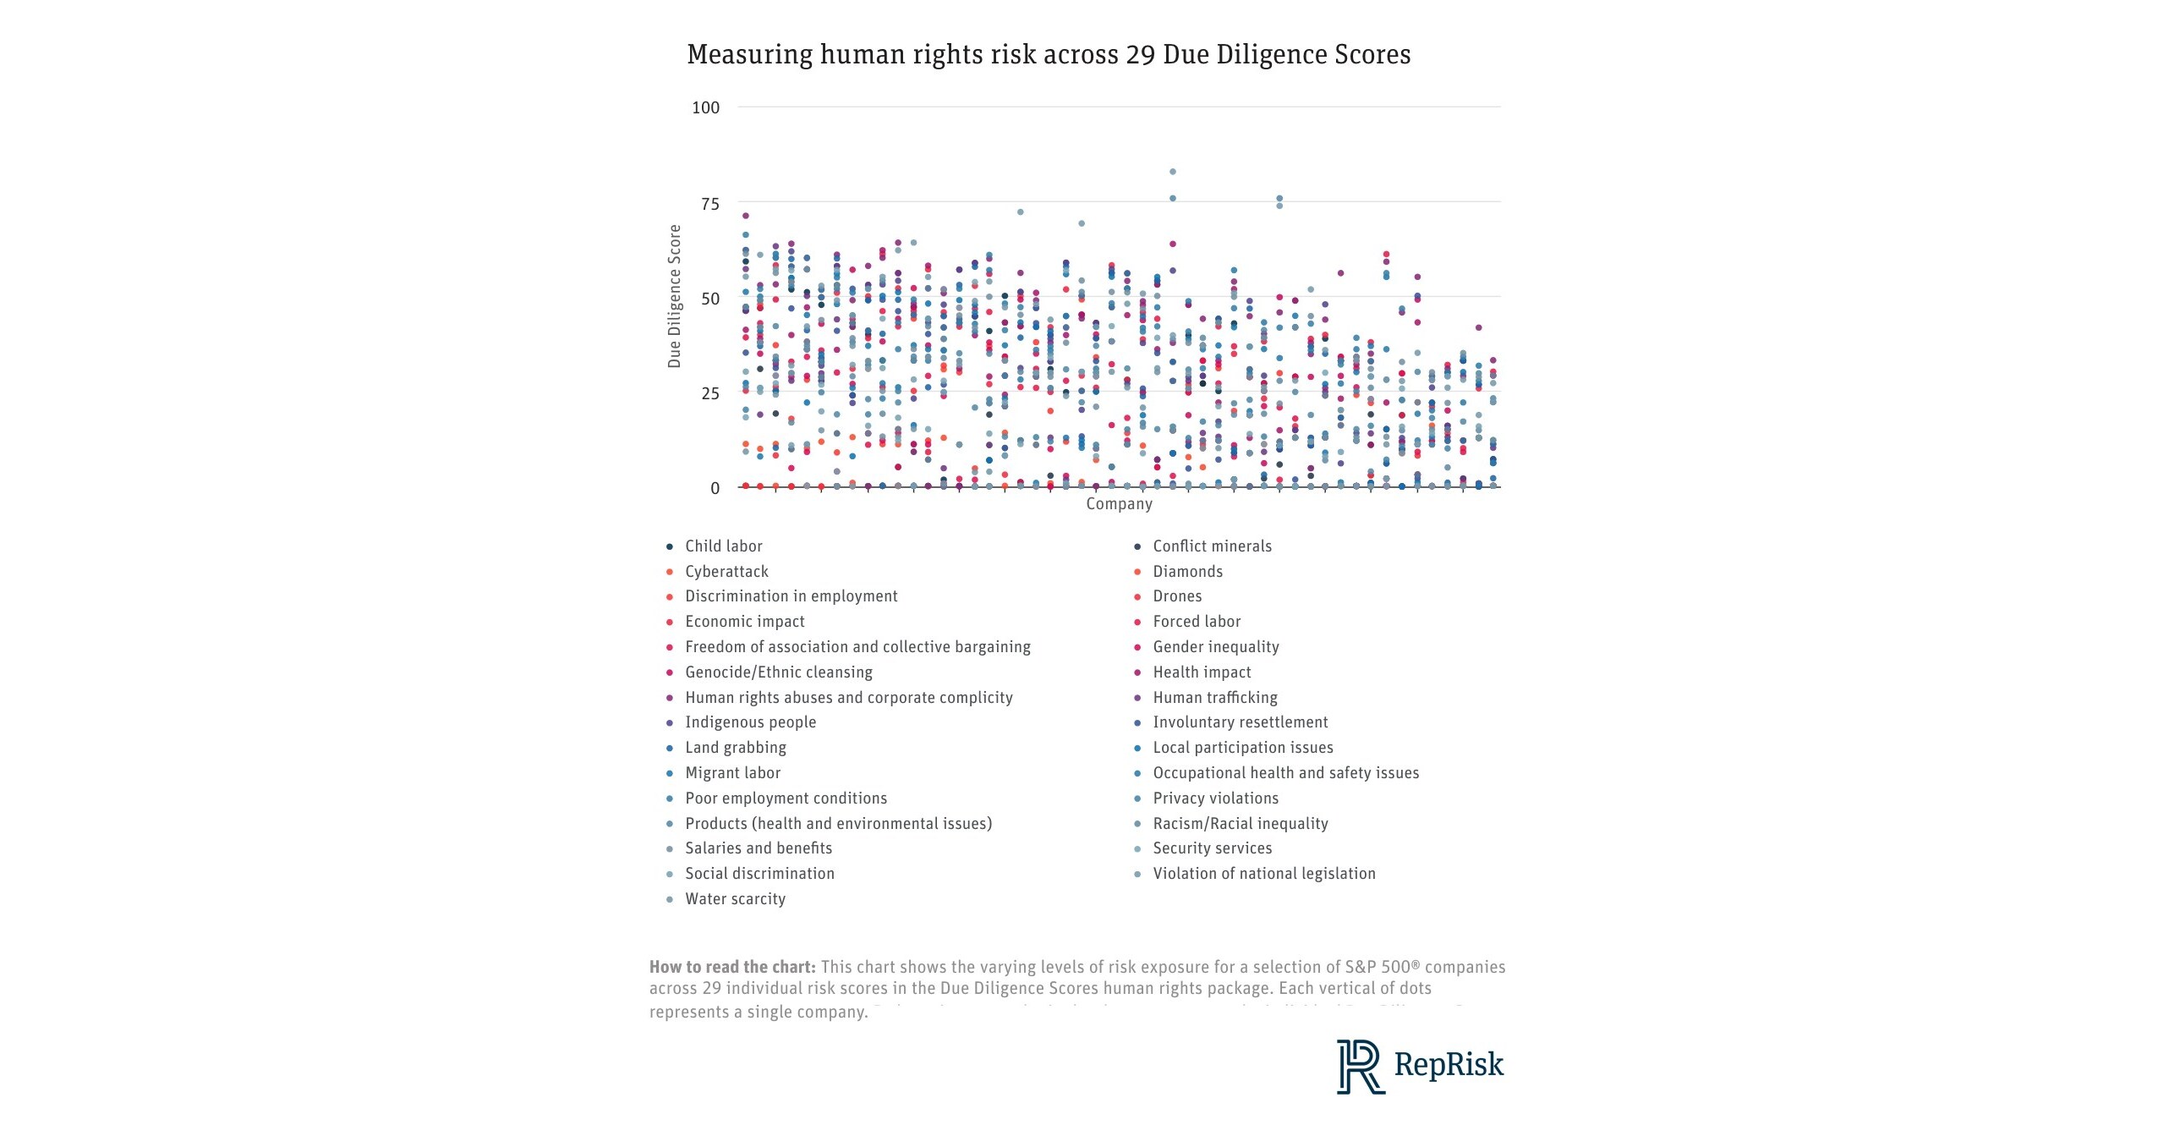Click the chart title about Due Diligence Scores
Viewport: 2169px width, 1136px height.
1048,54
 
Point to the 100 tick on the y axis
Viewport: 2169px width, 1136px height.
705,107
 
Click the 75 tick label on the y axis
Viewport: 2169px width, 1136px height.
709,204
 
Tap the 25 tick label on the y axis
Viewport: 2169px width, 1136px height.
709,393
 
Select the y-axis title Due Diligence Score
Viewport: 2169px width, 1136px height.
674,296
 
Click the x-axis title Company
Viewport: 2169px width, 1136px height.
1119,504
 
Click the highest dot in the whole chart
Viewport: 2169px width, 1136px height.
1172,172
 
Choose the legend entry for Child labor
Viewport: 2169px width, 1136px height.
723,546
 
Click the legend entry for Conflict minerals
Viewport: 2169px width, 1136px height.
1212,546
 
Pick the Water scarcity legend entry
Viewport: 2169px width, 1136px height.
735,899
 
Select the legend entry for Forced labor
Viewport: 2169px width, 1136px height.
1197,622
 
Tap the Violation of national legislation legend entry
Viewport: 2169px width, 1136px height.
1263,874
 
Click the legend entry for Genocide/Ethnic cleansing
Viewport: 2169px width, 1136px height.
778,672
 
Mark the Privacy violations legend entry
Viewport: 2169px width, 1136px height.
1215,798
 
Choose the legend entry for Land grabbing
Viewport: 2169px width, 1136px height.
735,748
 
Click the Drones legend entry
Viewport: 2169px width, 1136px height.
1177,596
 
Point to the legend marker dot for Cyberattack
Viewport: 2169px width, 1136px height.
670,573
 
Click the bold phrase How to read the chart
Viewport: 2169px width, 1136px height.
731,967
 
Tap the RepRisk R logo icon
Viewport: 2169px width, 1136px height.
1359,1067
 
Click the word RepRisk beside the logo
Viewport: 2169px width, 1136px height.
1449,1065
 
